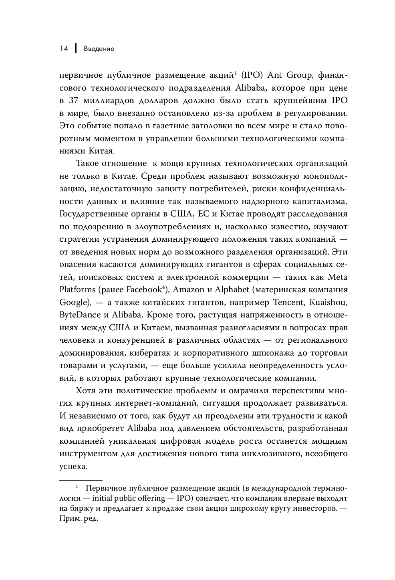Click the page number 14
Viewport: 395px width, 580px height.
pyautogui.click(x=64, y=49)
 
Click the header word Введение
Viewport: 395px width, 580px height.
pyautogui.click(x=99, y=49)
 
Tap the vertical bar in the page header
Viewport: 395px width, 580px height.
pyautogui.click(x=76, y=48)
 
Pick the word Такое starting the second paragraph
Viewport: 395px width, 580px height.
pyautogui.click(x=89, y=164)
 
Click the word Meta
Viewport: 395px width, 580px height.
pyautogui.click(x=338, y=277)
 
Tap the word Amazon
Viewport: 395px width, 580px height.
pyautogui.click(x=189, y=289)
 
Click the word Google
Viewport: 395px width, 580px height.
pyautogui.click(x=73, y=302)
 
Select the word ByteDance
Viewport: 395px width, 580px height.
pyautogui.click(x=80, y=315)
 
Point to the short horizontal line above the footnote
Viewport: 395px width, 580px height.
pyautogui.click(x=81, y=480)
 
